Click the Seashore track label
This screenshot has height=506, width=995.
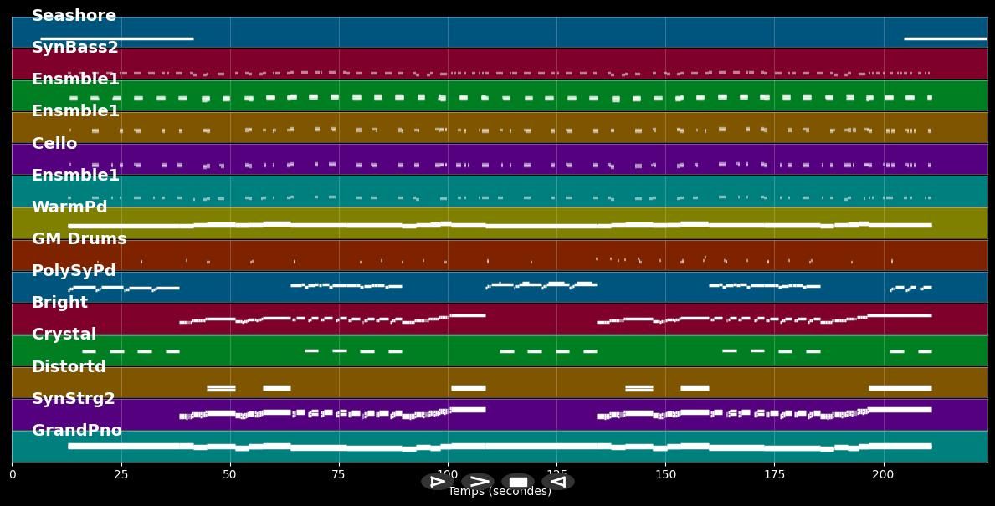(74, 16)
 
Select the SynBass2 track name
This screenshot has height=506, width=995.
(74, 48)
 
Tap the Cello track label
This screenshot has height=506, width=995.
(54, 144)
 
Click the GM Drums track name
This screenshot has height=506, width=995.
(79, 239)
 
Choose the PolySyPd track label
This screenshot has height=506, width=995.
(74, 271)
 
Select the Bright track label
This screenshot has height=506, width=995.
(59, 303)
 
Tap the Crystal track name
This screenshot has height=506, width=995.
(64, 335)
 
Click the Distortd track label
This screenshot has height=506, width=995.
(69, 367)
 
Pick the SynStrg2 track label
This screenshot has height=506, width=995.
(74, 399)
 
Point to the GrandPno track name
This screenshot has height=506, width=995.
(77, 431)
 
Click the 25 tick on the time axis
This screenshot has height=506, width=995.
(121, 475)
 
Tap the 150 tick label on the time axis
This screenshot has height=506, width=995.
(665, 475)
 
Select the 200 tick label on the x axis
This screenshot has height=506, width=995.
(883, 475)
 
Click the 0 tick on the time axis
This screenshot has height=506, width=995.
(13, 475)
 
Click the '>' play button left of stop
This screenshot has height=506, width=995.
(478, 482)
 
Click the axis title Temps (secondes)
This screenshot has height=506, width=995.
(500, 492)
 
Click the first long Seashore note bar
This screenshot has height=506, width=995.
(117, 38)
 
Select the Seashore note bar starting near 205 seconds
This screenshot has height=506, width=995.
(946, 38)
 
